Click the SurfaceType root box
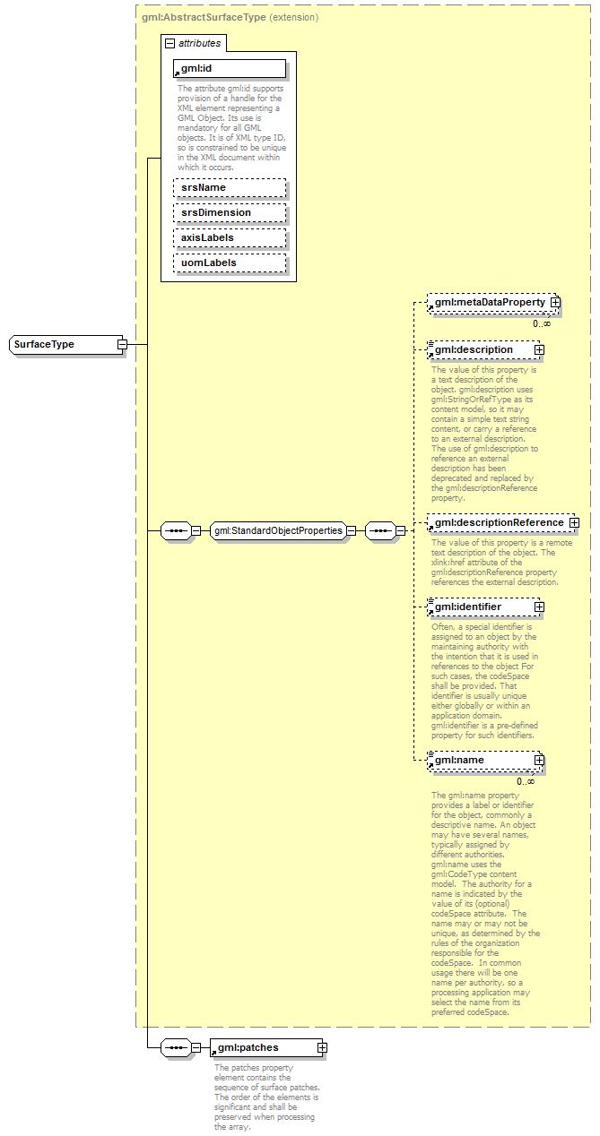tap(63, 344)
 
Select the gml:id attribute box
tap(230, 68)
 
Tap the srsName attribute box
tap(230, 187)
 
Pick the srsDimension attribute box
tap(230, 212)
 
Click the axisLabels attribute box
tap(230, 237)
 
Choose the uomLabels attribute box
tap(230, 262)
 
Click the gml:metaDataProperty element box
tap(490, 303)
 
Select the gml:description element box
tap(481, 349)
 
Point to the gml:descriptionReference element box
tap(499, 522)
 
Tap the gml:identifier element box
tap(481, 607)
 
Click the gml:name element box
tap(481, 760)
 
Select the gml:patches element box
tap(262, 1047)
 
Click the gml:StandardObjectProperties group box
tap(278, 530)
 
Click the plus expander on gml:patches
tap(322, 1047)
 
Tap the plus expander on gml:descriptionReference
tap(573, 522)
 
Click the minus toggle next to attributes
tap(169, 43)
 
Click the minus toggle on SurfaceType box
tap(122, 344)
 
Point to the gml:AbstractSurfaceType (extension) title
tap(230, 17)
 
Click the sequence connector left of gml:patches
tap(175, 1047)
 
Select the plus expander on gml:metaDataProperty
tap(555, 303)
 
